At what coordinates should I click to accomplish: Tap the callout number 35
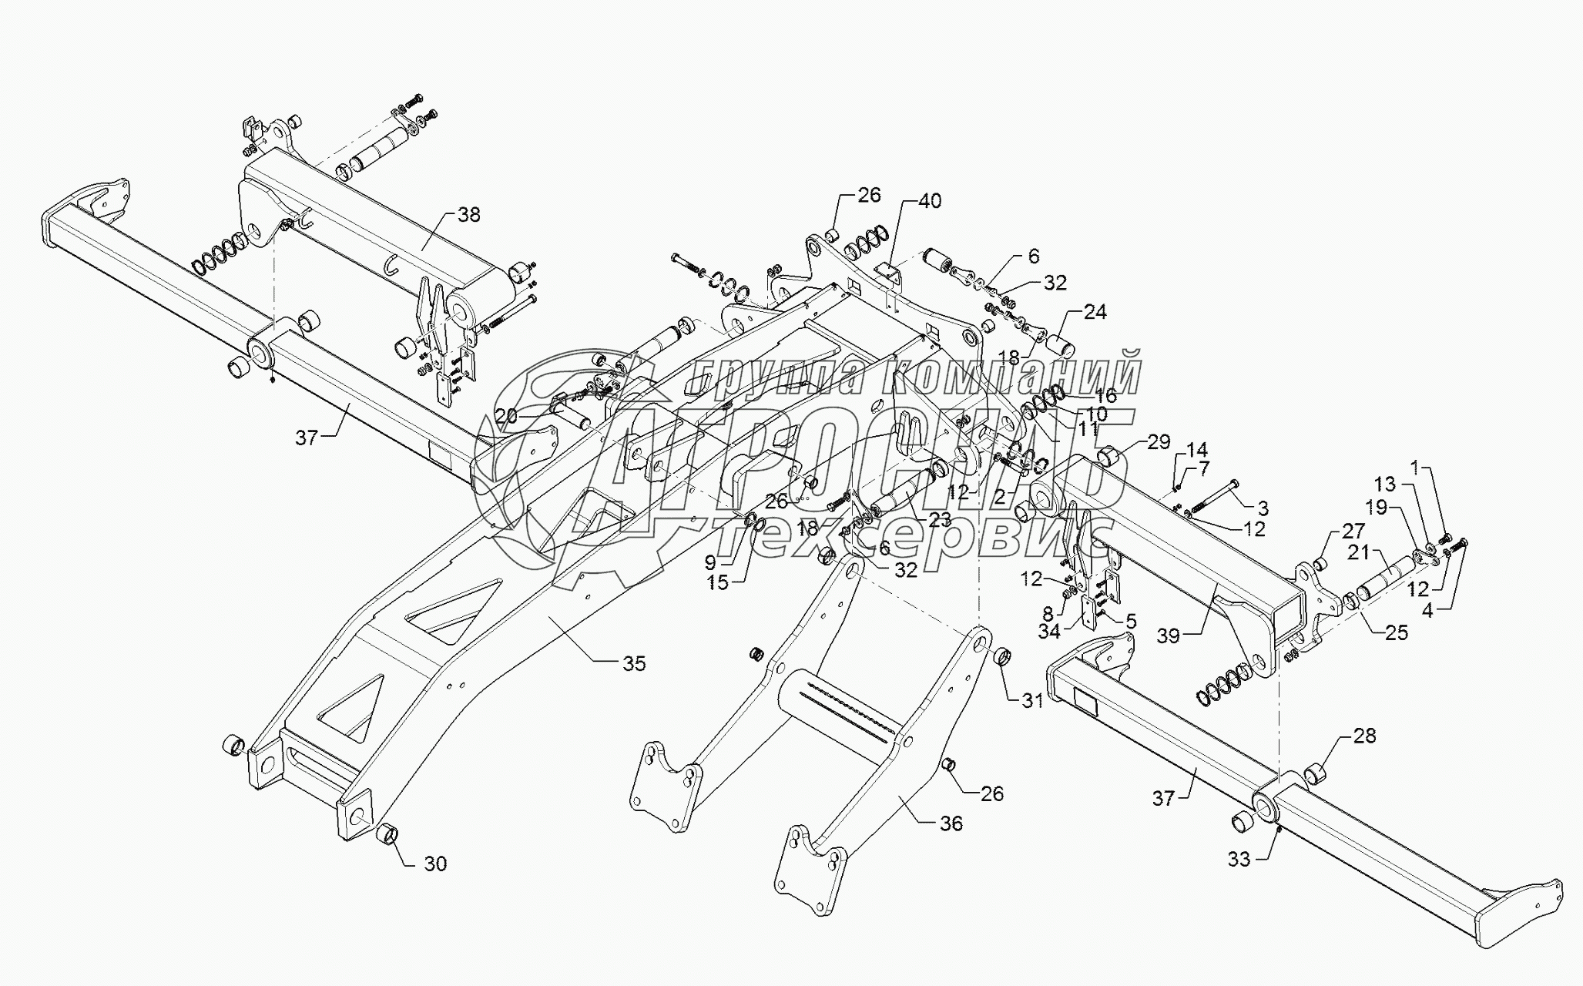click(634, 663)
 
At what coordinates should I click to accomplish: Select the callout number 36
click(951, 823)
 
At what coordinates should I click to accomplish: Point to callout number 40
click(930, 202)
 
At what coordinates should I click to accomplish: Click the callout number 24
click(1095, 312)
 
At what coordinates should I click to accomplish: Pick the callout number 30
click(435, 864)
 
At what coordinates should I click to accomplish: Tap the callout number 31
click(1032, 700)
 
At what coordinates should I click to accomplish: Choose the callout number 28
click(1364, 736)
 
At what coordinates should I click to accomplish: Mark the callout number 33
click(1239, 859)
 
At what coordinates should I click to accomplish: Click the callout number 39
click(1169, 636)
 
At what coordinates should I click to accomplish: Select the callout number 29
click(1159, 441)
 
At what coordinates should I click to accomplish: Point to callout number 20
click(506, 417)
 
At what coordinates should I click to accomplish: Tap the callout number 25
click(1396, 632)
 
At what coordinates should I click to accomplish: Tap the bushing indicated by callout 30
click(386, 835)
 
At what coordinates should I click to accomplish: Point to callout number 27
click(1353, 531)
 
